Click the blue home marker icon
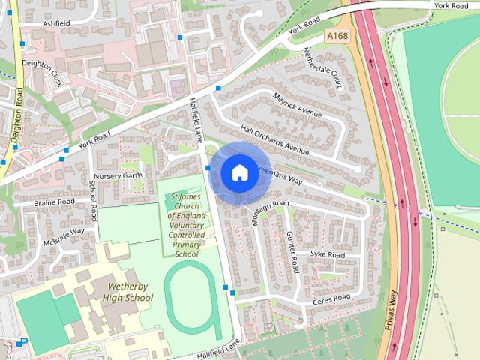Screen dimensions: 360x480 point(238,173)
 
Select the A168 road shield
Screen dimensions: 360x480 point(336,36)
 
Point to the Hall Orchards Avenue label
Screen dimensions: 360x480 point(274,139)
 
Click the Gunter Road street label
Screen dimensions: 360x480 point(294,251)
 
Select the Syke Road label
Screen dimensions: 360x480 point(328,255)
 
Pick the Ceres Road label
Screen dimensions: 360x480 point(331,298)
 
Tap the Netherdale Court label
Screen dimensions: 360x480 point(322,68)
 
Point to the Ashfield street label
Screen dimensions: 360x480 point(56,23)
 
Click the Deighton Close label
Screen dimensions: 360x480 point(42,73)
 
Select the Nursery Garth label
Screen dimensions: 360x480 point(118,175)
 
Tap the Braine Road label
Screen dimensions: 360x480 point(54,202)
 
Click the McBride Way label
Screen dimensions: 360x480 point(64,236)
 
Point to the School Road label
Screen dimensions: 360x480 point(94,200)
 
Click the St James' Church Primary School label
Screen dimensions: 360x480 point(186,226)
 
